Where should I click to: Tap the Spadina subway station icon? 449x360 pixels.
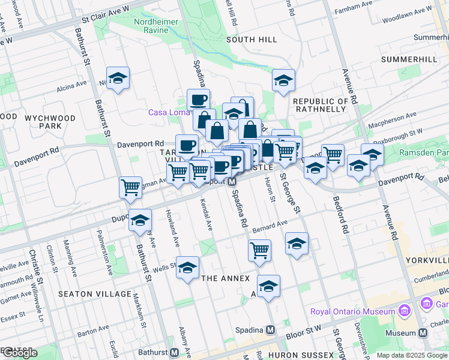[271, 329]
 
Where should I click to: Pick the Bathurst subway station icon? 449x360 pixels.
[175, 352]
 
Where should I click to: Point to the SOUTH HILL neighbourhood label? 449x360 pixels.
[252, 40]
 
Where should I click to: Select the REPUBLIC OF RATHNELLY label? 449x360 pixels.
[321, 106]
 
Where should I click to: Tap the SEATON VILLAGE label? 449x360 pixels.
[95, 293]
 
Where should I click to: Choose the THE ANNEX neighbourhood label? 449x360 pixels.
[224, 278]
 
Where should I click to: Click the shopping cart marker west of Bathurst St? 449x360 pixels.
[130, 187]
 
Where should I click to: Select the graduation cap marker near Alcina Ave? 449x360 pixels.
[118, 78]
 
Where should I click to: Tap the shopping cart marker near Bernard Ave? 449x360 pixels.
[259, 251]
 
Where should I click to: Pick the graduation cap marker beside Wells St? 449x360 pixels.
[187, 268]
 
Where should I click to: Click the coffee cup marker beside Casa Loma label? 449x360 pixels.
[198, 100]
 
